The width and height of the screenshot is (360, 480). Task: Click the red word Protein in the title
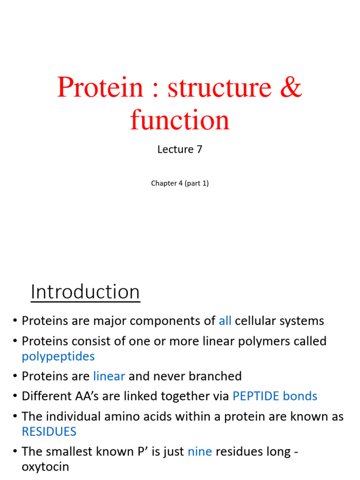100,88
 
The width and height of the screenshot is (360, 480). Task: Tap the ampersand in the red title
291,88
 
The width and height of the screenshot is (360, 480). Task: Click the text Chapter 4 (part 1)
180,183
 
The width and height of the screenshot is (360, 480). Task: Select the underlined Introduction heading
85,292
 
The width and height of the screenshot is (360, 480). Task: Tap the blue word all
225,321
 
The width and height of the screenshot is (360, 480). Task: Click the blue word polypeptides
58,356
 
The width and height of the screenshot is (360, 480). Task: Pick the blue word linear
109,376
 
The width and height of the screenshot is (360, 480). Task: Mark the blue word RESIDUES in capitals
49,431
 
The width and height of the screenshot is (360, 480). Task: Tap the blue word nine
200,451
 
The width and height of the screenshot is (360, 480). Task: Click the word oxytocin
45,467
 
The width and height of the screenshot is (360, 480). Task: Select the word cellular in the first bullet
255,321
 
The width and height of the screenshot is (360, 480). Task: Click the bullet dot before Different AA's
15,397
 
